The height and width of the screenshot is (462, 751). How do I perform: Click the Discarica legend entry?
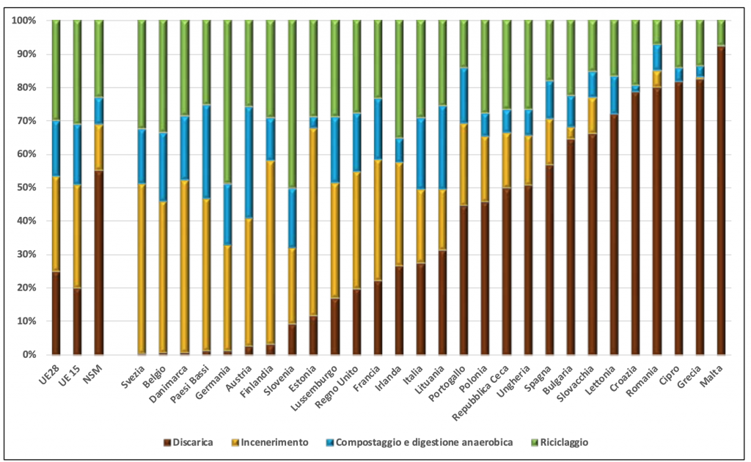click(x=193, y=443)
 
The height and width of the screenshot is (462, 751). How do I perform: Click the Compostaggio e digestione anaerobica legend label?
click(x=419, y=443)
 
